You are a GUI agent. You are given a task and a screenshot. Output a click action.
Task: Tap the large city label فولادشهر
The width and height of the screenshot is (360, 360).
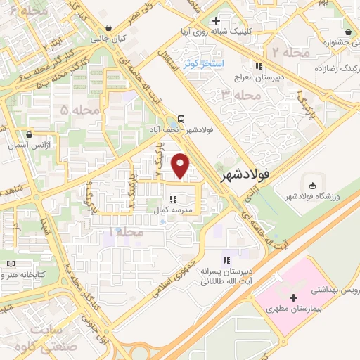tap(245, 174)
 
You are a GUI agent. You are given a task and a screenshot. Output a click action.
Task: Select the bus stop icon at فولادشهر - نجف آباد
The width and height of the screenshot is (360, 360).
tap(183, 118)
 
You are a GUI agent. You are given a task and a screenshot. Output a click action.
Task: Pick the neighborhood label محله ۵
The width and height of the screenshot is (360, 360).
tap(78, 110)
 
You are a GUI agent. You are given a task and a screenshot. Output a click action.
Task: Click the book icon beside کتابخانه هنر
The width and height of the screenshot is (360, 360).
tap(11, 264)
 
